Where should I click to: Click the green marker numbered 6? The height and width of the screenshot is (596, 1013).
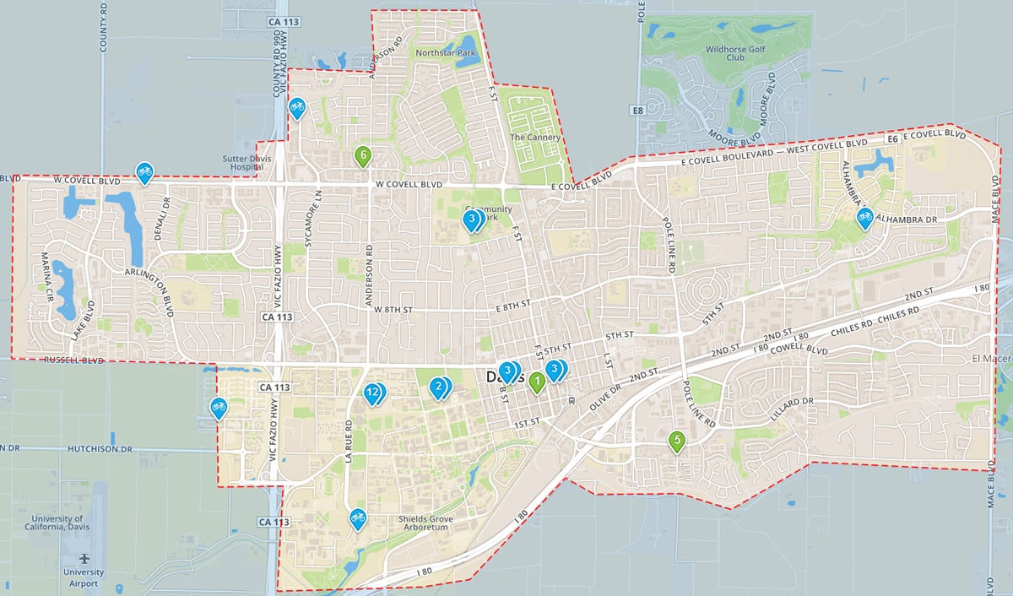point(363,156)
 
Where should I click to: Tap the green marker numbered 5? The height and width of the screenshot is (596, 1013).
point(677,440)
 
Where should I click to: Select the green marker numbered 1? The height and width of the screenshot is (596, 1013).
point(537,382)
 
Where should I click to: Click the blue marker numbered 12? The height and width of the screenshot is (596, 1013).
point(371,393)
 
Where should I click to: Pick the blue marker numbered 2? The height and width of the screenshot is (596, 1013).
point(437,387)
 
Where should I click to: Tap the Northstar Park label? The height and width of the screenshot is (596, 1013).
point(447,52)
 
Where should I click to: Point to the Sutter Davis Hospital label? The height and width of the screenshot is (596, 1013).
point(245,162)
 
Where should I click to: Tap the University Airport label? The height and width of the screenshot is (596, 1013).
point(84,577)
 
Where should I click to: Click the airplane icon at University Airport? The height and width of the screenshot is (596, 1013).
point(84,558)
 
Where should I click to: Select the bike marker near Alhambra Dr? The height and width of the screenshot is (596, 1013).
point(864,218)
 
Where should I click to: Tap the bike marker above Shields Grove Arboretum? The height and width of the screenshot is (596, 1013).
point(358,517)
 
